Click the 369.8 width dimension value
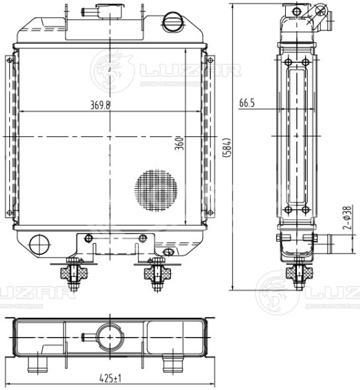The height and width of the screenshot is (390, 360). [101, 105]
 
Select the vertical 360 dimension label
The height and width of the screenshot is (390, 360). [179, 142]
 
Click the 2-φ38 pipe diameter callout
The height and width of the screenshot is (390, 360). [346, 218]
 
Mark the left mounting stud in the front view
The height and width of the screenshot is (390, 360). [71, 275]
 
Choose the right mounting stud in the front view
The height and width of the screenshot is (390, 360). [156, 275]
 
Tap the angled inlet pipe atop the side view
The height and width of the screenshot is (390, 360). [320, 18]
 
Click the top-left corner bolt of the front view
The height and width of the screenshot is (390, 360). [9, 60]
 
